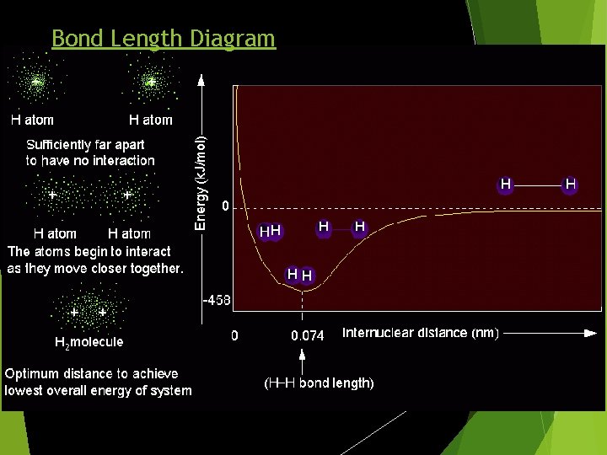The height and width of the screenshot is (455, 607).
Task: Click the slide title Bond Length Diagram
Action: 163,38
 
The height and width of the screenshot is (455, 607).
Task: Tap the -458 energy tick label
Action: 217,300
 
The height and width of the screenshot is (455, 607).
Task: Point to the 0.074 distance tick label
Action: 307,335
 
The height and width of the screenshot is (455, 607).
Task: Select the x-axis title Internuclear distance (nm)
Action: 420,333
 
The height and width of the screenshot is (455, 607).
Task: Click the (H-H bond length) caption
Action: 319,383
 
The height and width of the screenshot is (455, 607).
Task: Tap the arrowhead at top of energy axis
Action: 201,80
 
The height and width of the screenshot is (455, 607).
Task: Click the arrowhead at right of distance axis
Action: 591,334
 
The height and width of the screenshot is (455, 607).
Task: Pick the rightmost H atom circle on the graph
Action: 571,184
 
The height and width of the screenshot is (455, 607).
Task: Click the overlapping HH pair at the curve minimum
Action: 299,275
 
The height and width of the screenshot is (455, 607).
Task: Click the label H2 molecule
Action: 89,342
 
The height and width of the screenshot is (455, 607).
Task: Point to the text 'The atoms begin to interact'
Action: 89,251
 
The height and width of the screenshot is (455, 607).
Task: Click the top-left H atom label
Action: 32,120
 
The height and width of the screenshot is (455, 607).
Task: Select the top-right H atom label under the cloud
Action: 150,120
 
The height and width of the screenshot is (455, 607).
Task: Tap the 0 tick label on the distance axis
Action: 235,335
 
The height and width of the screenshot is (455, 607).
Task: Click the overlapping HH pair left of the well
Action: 270,231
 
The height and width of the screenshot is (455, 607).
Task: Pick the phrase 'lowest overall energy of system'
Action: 99,390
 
